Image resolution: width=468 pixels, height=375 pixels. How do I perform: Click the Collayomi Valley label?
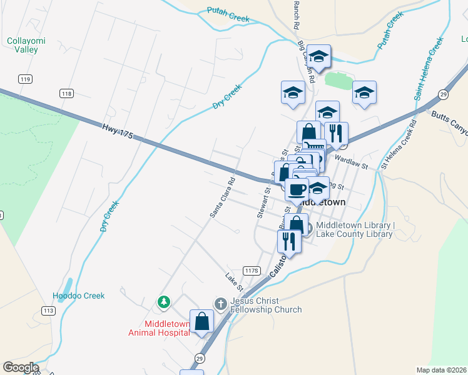click(x=26, y=45)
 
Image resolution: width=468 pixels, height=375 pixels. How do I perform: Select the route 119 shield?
click(x=26, y=79)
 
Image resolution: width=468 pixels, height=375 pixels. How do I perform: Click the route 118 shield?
click(x=67, y=93)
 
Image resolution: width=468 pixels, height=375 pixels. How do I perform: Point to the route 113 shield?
click(x=48, y=310)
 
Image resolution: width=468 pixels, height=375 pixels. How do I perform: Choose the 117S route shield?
click(x=251, y=271)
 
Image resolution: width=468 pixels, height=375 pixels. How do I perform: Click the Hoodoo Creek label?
click(x=79, y=296)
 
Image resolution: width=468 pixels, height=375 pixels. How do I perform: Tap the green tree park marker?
click(x=164, y=302)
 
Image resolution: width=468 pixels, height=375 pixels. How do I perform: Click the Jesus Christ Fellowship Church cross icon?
click(x=220, y=303)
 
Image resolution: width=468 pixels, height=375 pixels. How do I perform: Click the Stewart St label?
click(x=263, y=201)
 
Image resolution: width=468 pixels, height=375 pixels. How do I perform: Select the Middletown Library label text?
click(x=354, y=230)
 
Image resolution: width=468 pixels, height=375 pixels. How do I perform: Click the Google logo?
click(x=21, y=367)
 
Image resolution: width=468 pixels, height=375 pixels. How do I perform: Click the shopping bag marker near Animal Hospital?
click(x=202, y=322)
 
